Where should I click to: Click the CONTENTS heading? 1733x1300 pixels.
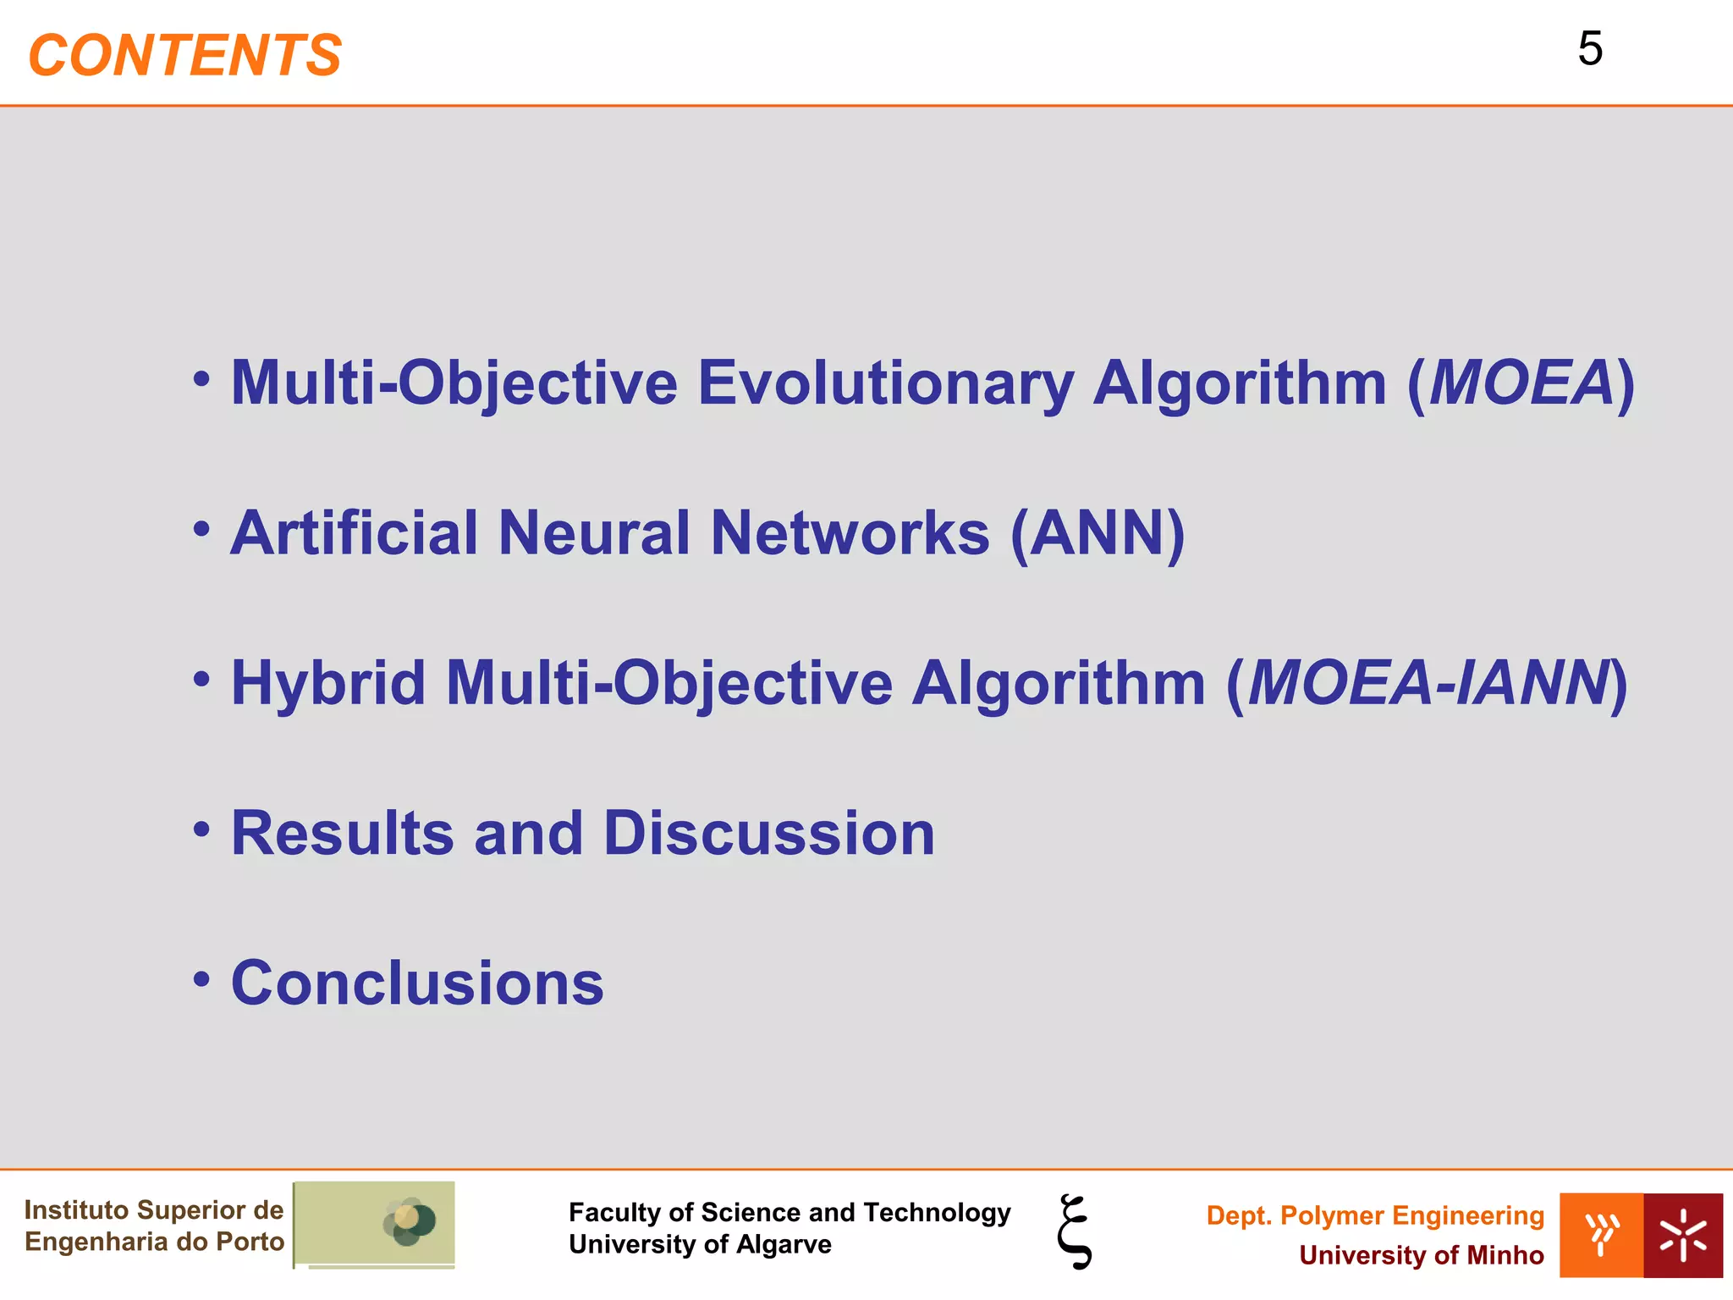184,56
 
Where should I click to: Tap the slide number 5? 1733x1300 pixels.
1590,49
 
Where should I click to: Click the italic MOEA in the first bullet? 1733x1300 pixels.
1521,383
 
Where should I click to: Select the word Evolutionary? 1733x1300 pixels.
885,383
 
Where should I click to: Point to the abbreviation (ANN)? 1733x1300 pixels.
1098,533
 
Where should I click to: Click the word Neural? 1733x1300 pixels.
594,533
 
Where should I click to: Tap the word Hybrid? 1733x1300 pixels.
328,683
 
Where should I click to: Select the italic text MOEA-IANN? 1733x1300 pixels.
1428,683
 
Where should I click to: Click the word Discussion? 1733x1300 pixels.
768,834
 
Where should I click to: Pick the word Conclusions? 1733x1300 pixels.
417,983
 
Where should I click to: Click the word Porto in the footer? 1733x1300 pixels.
250,1242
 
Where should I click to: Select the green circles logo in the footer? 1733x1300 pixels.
409,1221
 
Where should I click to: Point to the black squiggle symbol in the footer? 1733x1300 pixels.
1075,1231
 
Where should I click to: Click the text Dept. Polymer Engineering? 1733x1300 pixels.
1374,1215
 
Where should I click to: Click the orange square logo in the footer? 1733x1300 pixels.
1601,1235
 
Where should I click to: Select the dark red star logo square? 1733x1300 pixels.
1682,1235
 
